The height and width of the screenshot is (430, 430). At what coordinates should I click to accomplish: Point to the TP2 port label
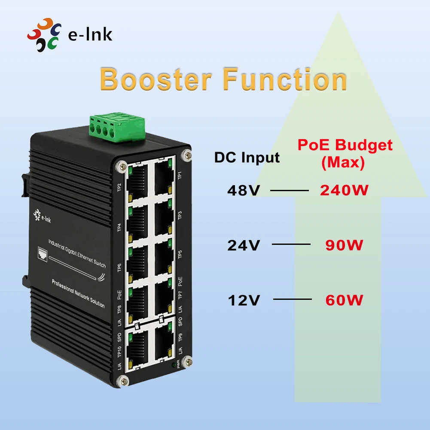pos(119,188)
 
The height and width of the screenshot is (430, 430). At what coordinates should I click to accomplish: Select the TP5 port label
pos(180,254)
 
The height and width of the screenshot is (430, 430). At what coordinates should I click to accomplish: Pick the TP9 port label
pos(180,337)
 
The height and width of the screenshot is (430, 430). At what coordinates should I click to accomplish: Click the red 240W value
pos(344,190)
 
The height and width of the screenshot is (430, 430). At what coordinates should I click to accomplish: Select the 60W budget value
pos(344,299)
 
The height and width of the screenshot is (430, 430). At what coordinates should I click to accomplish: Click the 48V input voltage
pos(244,190)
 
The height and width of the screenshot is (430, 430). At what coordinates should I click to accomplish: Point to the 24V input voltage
pos(244,245)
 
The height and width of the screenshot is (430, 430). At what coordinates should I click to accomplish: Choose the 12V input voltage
pos(244,300)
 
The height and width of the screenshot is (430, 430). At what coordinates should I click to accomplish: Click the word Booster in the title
pos(156,80)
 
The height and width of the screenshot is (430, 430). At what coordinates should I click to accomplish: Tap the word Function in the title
pos(285,80)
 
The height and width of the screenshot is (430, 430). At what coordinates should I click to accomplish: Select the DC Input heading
pos(247,157)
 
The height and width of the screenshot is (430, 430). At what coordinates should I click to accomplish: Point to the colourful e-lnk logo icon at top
pos(44,34)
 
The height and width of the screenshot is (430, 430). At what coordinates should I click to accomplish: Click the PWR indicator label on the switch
pos(177,369)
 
